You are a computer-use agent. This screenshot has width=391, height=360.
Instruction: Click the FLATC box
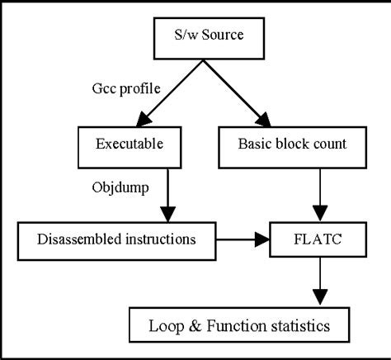coord(318,240)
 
